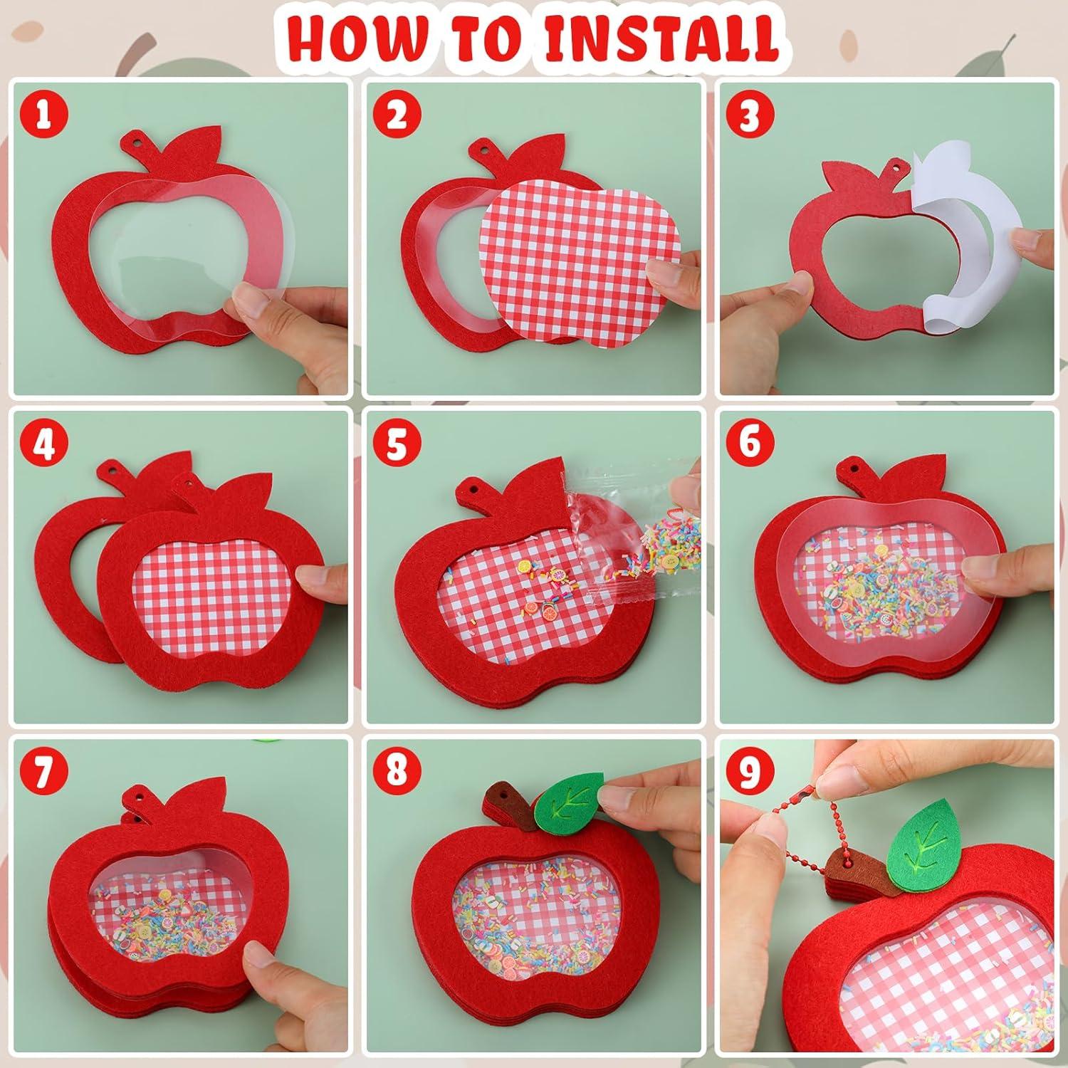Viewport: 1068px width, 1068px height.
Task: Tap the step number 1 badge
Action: pyautogui.click(x=43, y=115)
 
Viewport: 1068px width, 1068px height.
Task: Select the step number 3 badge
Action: pyautogui.click(x=748, y=115)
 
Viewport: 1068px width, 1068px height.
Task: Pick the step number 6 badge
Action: pyautogui.click(x=748, y=443)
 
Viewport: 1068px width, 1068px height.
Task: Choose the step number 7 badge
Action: pyautogui.click(x=43, y=773)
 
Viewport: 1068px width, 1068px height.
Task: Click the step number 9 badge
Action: pyautogui.click(x=748, y=773)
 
